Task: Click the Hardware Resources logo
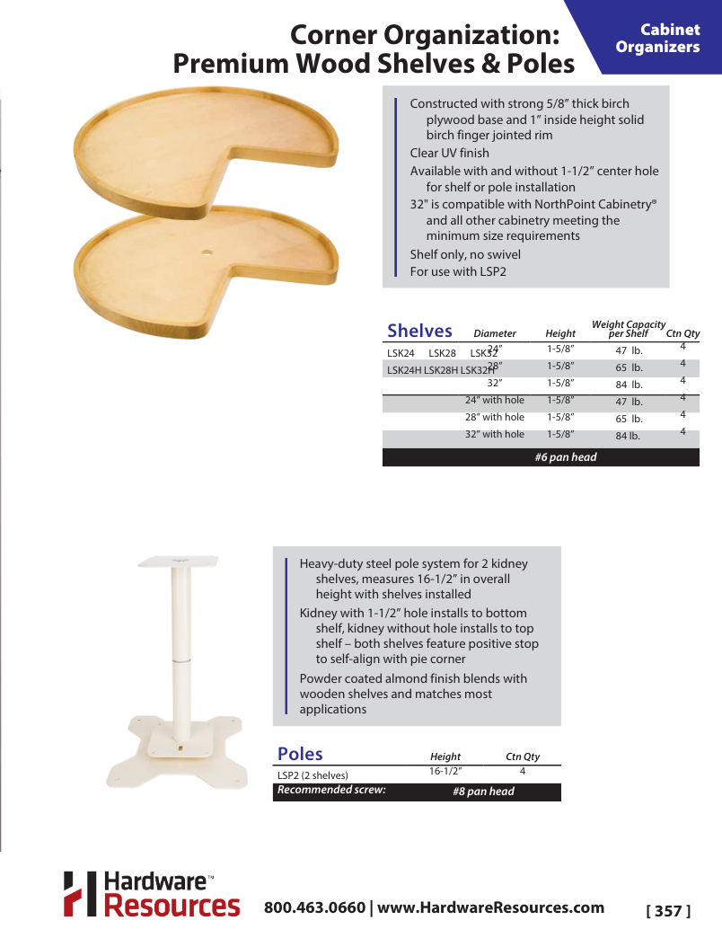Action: click(x=151, y=894)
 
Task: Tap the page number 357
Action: click(x=669, y=911)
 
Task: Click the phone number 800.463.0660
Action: click(x=314, y=907)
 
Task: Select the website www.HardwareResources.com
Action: click(x=490, y=907)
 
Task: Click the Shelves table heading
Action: click(x=419, y=331)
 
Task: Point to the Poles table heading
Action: click(x=300, y=754)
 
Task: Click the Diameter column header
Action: click(x=495, y=333)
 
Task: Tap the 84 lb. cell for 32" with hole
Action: click(x=628, y=436)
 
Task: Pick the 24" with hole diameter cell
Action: click(x=494, y=400)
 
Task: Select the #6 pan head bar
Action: click(x=541, y=457)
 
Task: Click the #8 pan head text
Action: click(x=484, y=792)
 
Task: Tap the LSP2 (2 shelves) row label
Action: click(x=313, y=774)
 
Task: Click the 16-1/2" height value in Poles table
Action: click(x=445, y=771)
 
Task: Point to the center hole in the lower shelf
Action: click(x=207, y=253)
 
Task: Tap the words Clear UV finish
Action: click(x=450, y=153)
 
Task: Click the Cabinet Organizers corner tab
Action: click(x=657, y=39)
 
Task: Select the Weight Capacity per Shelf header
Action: click(x=629, y=329)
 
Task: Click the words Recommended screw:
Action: click(x=331, y=791)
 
